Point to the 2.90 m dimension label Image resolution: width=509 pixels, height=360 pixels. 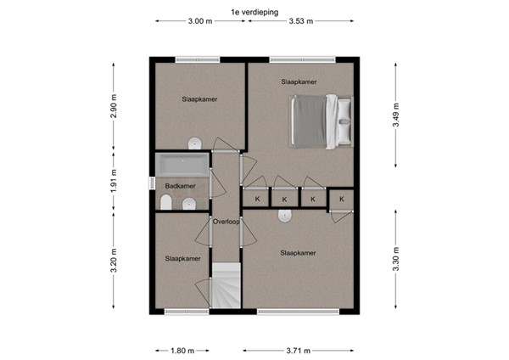(x=113, y=104)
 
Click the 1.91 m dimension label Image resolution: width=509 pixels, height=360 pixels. (x=113, y=184)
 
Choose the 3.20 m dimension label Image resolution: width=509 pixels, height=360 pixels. (x=113, y=259)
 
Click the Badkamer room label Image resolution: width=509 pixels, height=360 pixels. (x=180, y=186)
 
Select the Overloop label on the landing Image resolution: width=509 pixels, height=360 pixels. (x=226, y=222)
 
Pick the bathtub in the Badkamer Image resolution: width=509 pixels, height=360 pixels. (x=180, y=164)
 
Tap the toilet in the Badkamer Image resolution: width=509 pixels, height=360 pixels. (x=167, y=202)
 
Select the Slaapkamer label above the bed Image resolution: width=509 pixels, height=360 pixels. (x=299, y=82)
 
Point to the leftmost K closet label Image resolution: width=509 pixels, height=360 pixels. (x=256, y=200)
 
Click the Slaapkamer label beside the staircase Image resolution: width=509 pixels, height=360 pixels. (x=182, y=258)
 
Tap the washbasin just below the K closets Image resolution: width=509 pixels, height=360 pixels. (x=285, y=217)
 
